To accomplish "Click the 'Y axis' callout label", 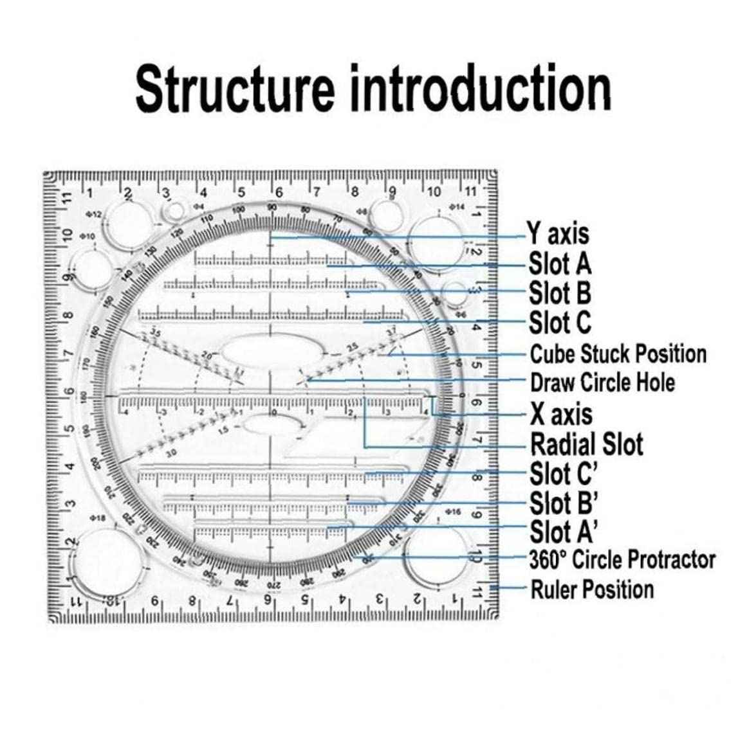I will pos(558,233).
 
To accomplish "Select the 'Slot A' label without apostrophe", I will pos(560,264).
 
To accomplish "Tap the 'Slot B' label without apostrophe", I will pos(560,292).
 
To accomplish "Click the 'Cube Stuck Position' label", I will pos(618,354).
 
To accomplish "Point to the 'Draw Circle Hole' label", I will pos(602,383).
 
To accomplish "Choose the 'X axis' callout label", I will pos(561,413).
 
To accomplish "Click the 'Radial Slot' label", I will pos(586,444).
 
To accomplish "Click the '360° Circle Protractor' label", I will pos(622,560).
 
